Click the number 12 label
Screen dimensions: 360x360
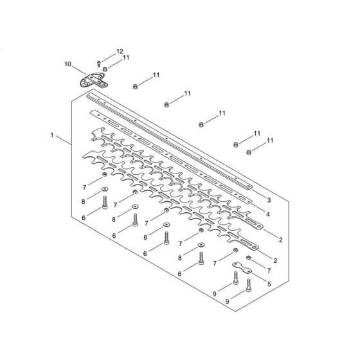pyautogui.click(x=120, y=51)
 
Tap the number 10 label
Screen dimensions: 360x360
pyautogui.click(x=67, y=64)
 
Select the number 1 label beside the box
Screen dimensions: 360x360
pyautogui.click(x=52, y=135)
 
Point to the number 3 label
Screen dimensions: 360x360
pyautogui.click(x=269, y=200)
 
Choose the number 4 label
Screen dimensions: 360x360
pyautogui.click(x=267, y=214)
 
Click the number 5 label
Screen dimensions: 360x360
pyautogui.click(x=269, y=284)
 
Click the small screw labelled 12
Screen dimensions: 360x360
pyautogui.click(x=99, y=64)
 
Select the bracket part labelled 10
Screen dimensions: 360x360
pyautogui.click(x=94, y=80)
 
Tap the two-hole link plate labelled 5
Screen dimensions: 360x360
pyautogui.click(x=242, y=268)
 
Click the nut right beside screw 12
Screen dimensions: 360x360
pyautogui.click(x=105, y=69)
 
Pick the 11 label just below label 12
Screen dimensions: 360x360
pyautogui.click(x=126, y=57)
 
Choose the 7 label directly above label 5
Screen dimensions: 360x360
pyautogui.click(x=269, y=271)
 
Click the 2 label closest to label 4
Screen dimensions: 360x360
pyautogui.click(x=280, y=240)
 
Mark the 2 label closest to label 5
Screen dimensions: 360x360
pyautogui.click(x=275, y=260)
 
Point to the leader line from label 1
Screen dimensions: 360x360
pyautogui.click(x=64, y=140)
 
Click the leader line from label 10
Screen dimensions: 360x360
pyautogui.click(x=80, y=71)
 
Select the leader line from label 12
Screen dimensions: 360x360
pyautogui.click(x=109, y=57)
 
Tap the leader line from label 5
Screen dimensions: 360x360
pyautogui.click(x=258, y=276)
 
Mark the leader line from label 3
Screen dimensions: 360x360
pyautogui.click(x=258, y=194)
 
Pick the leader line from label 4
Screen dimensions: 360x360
pyautogui.click(x=258, y=208)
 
